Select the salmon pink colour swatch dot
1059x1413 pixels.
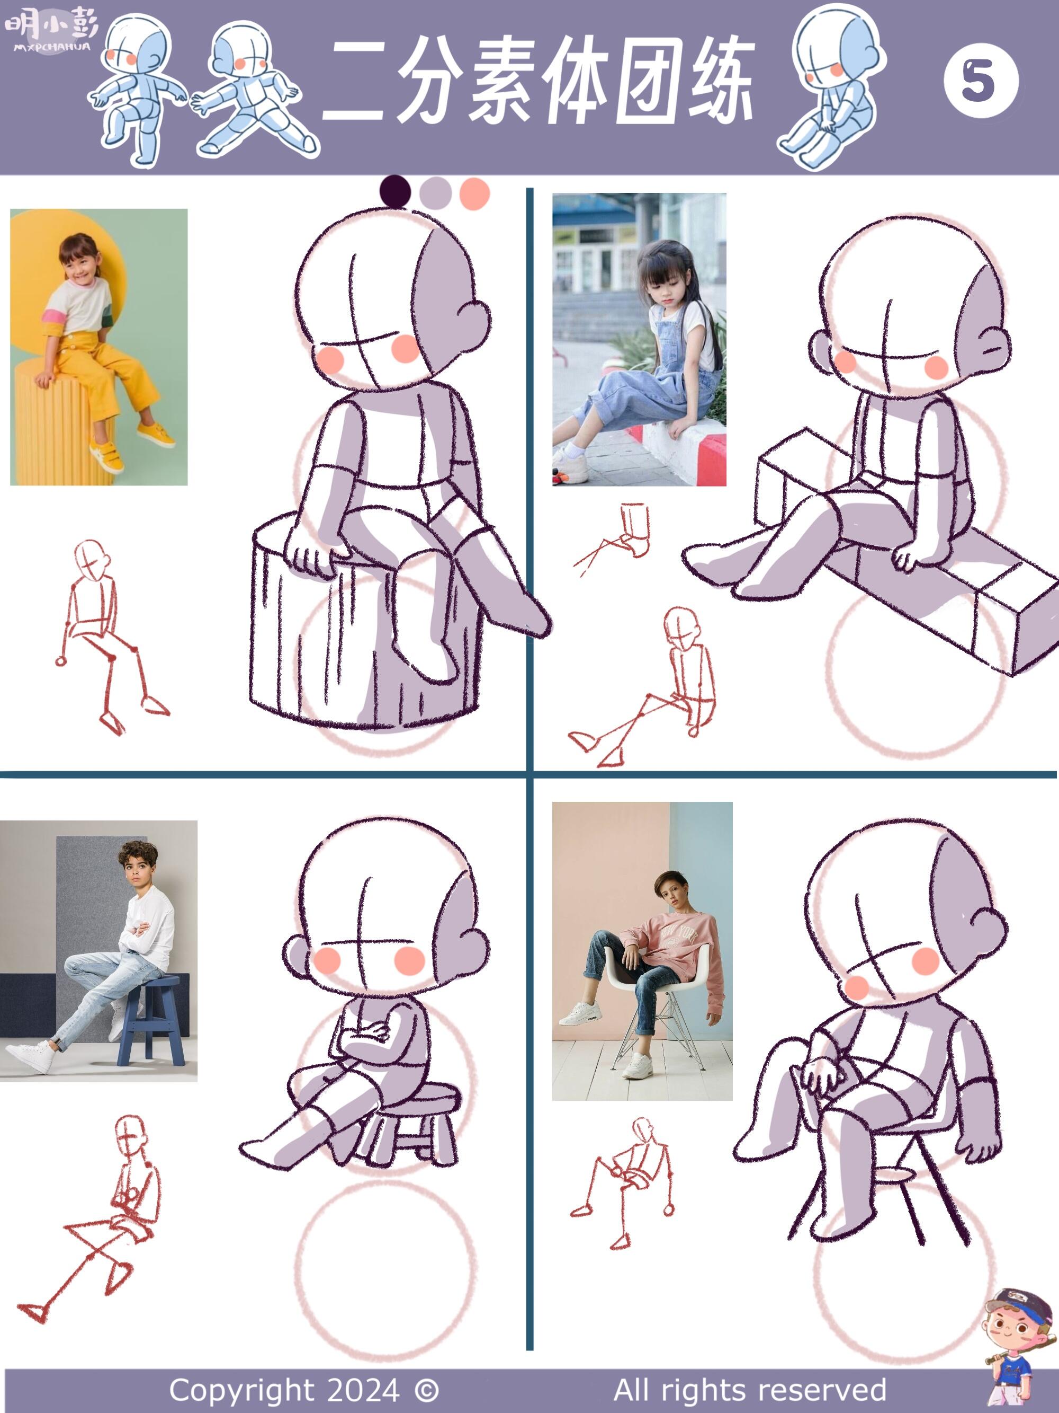[474, 192]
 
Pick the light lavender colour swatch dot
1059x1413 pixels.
[435, 192]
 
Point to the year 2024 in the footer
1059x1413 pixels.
[364, 1389]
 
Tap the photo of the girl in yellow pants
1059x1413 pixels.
[99, 347]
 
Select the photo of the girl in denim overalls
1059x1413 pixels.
[639, 339]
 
